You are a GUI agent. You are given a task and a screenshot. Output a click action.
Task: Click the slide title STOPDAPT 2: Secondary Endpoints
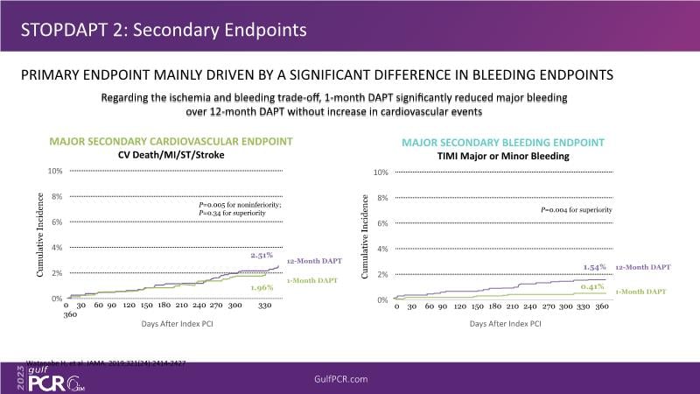point(164,30)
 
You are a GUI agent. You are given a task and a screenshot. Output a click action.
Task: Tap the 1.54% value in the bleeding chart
point(595,265)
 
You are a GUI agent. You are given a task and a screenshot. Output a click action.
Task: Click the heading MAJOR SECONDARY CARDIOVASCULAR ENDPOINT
point(171,141)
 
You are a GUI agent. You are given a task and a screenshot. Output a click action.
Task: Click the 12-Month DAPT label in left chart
point(314,260)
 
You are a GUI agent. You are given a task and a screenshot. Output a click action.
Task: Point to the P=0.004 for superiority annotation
point(575,210)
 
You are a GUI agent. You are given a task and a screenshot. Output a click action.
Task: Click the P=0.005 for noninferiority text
point(239,203)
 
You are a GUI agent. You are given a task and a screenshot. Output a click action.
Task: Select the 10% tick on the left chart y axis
point(54,171)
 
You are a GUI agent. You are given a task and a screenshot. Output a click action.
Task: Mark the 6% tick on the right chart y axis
point(382,223)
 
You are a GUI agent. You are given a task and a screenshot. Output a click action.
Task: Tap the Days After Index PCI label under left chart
point(175,324)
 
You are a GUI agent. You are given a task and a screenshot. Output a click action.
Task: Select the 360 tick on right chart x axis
point(602,307)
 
